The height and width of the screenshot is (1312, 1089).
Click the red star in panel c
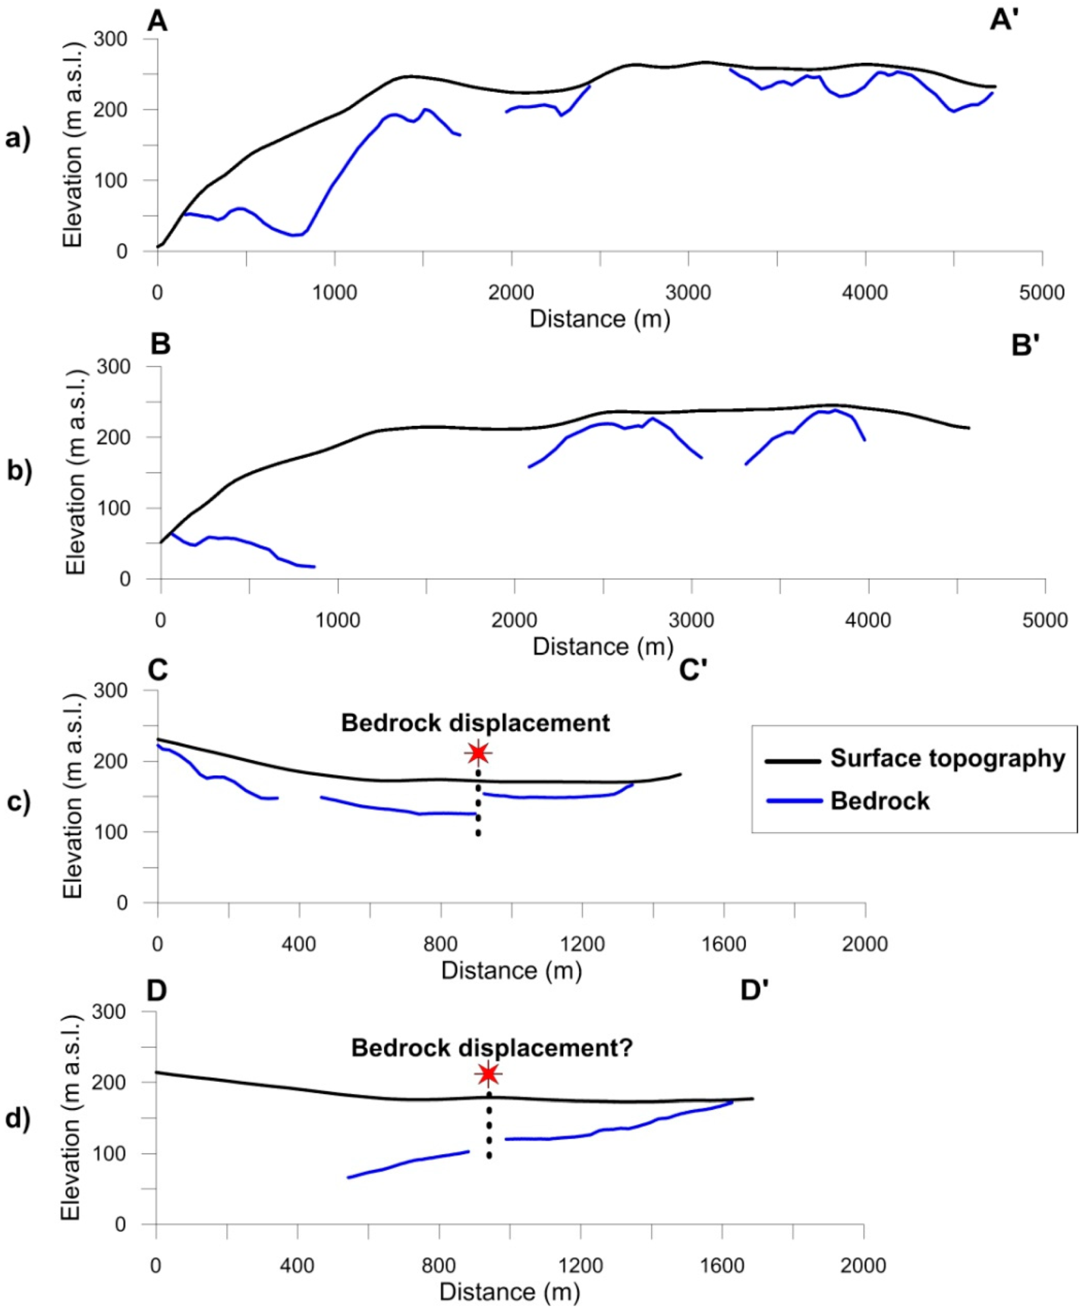(x=478, y=753)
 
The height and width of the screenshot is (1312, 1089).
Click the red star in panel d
(x=488, y=1075)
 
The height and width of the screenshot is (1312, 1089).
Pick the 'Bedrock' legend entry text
(x=880, y=801)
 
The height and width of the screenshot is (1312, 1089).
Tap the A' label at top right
(x=1004, y=21)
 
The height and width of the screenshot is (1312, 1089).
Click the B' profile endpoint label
(x=1024, y=345)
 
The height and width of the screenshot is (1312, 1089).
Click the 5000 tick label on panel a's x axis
(x=1041, y=293)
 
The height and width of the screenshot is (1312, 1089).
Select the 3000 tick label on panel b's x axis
(x=691, y=620)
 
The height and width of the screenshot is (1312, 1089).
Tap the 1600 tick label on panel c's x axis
(x=724, y=944)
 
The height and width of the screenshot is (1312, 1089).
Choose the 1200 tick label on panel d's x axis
(x=581, y=1266)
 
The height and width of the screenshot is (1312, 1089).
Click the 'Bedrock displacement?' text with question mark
(x=492, y=1048)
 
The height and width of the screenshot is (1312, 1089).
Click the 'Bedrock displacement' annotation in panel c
(x=475, y=723)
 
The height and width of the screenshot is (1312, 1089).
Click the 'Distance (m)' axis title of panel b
(x=602, y=646)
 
